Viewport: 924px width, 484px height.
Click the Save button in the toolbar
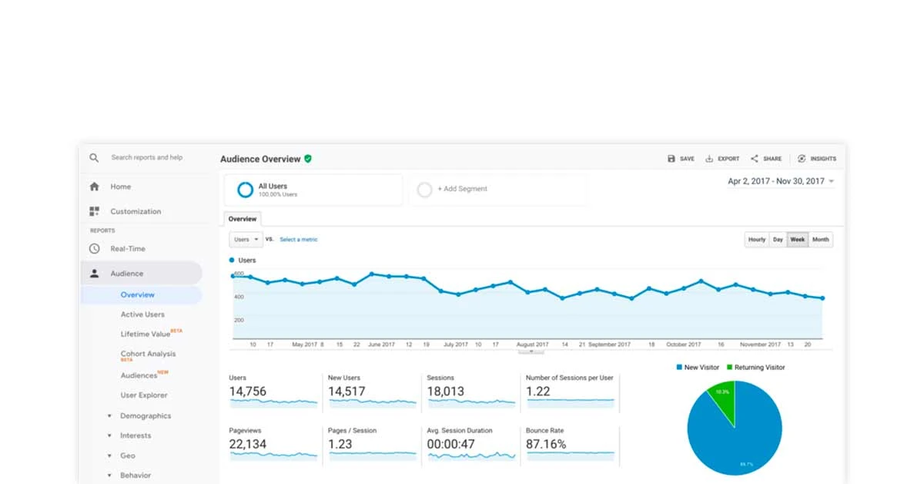[681, 159]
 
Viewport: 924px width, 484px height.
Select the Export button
[722, 159]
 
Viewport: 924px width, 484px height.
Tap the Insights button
[817, 159]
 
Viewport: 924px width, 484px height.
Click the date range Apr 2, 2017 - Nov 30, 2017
[776, 182]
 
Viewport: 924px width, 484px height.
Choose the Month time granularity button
[821, 240]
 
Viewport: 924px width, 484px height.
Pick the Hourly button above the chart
[757, 240]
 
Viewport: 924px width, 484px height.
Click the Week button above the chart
[798, 240]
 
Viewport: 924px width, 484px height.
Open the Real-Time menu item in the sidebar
[127, 249]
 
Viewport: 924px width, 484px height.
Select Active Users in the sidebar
[142, 314]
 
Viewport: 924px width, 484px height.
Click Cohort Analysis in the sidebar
[148, 354]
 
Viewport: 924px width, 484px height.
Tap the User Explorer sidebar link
[144, 395]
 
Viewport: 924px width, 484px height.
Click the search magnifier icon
[94, 158]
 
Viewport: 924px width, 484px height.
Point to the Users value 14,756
[248, 392]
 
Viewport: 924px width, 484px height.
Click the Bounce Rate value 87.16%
[546, 444]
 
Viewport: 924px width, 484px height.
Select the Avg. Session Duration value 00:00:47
[450, 444]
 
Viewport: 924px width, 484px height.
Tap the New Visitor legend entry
[698, 368]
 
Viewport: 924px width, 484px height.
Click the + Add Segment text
[462, 189]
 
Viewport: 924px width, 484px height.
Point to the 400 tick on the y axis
[239, 297]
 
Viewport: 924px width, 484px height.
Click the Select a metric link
[298, 240]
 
